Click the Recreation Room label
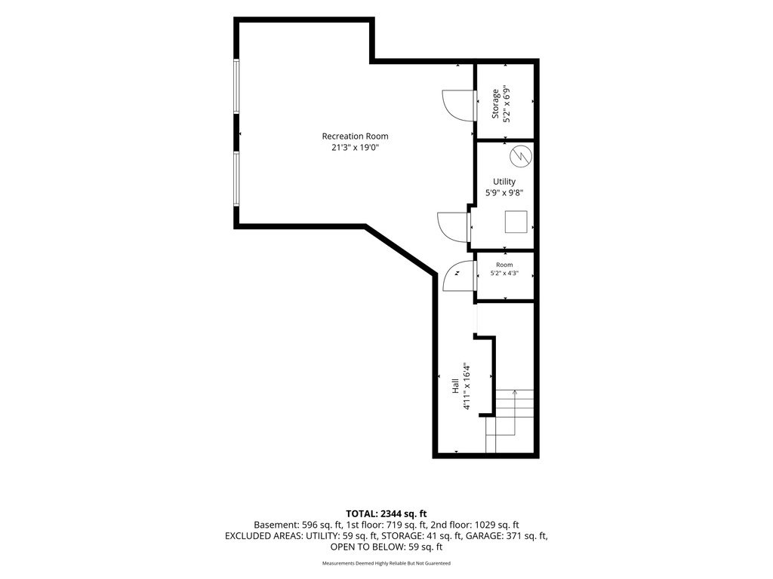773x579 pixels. (355, 136)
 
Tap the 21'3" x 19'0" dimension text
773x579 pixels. (355, 147)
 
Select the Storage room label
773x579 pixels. (495, 103)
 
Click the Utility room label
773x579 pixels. (504, 182)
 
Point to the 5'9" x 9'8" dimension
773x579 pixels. (504, 193)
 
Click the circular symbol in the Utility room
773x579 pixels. (521, 156)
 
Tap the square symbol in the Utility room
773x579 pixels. (516, 222)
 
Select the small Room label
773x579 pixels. (504, 265)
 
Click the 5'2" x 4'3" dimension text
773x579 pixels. (504, 273)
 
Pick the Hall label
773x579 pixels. (455, 386)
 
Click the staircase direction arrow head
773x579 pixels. (515, 392)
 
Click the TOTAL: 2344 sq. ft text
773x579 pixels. (386, 514)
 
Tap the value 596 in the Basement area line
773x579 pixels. (309, 525)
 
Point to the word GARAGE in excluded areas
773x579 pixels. (484, 536)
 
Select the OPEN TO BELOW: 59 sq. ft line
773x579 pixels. (386, 547)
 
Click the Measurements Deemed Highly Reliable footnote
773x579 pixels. (386, 563)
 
